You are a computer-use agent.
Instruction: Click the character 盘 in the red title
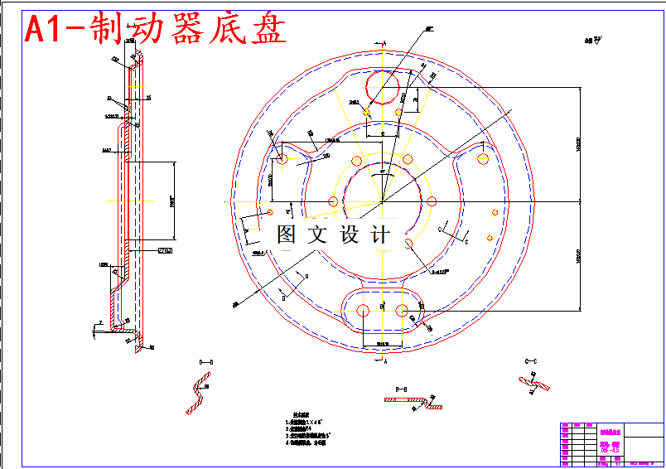[x=263, y=29]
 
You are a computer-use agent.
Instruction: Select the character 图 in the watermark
[x=287, y=234]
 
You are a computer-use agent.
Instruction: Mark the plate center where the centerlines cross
[x=381, y=201]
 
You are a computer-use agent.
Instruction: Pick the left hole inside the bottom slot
[x=362, y=311]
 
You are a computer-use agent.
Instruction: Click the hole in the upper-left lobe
[x=282, y=158]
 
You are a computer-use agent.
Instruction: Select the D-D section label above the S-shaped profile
[x=206, y=362]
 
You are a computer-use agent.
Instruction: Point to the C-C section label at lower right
[x=531, y=362]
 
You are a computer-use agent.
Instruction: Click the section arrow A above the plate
[x=382, y=41]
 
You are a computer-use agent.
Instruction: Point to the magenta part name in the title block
[x=610, y=432]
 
